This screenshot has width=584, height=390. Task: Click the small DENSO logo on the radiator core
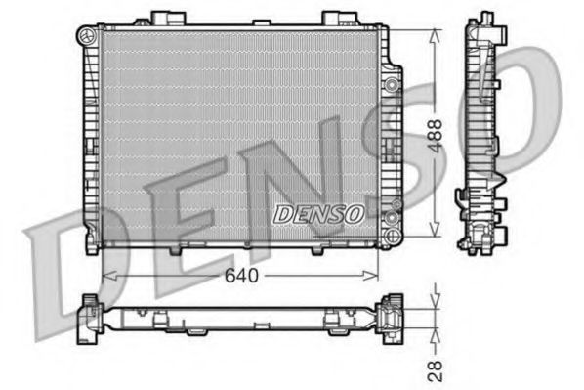tap(318, 212)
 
